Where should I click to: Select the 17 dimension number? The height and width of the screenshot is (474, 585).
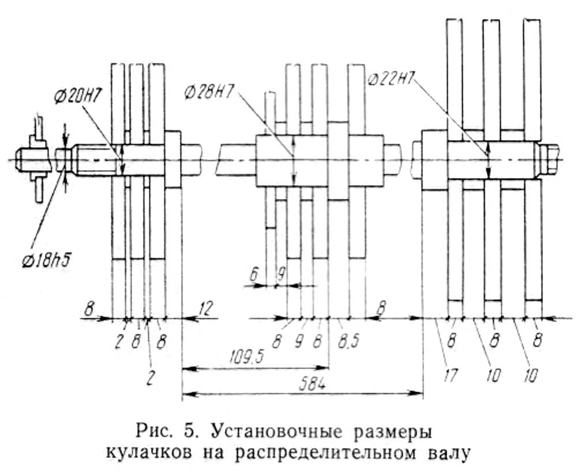click(x=450, y=375)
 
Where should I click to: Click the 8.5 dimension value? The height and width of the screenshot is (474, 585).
click(x=348, y=341)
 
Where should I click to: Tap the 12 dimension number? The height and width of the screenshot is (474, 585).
click(x=206, y=308)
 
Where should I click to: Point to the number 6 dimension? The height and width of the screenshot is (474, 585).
click(x=254, y=275)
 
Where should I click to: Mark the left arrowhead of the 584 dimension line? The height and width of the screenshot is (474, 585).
click(x=189, y=393)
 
